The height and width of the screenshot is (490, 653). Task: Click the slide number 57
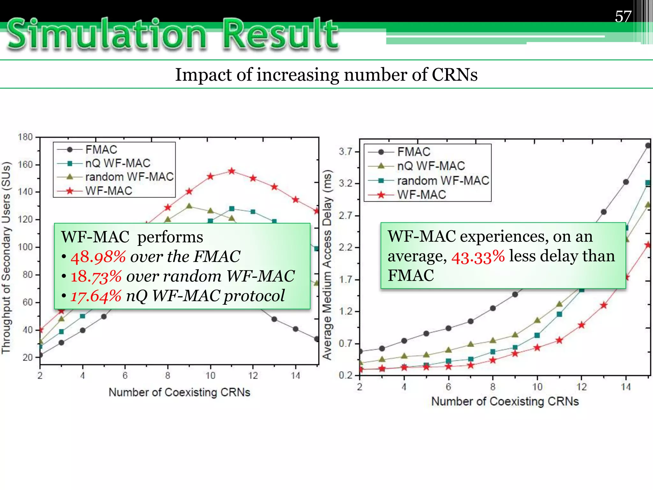click(x=623, y=17)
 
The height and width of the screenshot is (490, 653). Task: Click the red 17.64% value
click(x=96, y=296)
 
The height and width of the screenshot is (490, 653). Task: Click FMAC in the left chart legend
click(x=101, y=149)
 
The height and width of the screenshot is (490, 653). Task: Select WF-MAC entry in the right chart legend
click(x=421, y=195)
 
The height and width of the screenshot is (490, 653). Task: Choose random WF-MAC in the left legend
click(x=129, y=177)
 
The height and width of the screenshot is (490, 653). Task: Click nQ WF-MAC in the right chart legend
click(x=431, y=166)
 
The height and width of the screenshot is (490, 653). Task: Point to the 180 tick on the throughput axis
click(x=25, y=137)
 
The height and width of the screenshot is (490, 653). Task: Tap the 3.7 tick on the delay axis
click(x=345, y=152)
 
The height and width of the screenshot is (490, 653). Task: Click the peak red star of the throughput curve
click(x=231, y=171)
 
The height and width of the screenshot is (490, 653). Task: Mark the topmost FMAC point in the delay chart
click(x=648, y=145)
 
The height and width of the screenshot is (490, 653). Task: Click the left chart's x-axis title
click(x=179, y=392)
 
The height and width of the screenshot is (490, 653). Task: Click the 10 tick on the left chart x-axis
click(x=210, y=375)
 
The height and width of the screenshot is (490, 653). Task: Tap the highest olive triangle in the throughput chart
click(x=189, y=206)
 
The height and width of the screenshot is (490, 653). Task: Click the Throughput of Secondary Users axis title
click(x=6, y=258)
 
